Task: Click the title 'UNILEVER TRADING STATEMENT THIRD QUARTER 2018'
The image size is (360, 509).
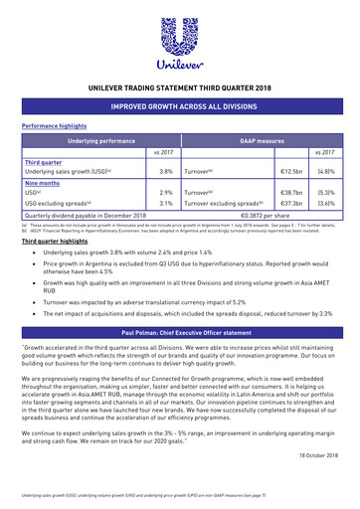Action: point(180,88)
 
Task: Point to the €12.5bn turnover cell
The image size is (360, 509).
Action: point(291,171)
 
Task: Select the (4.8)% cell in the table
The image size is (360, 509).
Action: point(325,171)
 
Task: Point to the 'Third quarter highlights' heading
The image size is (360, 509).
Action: point(56,242)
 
